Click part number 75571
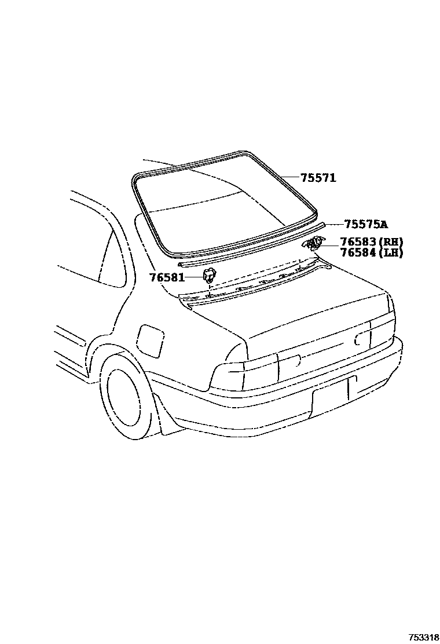318,178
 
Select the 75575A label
366,224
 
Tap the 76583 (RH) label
371,241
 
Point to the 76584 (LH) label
371,253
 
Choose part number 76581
167,277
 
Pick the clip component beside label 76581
209,276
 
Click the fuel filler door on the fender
149,342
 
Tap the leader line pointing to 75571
289,177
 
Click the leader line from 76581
193,277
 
